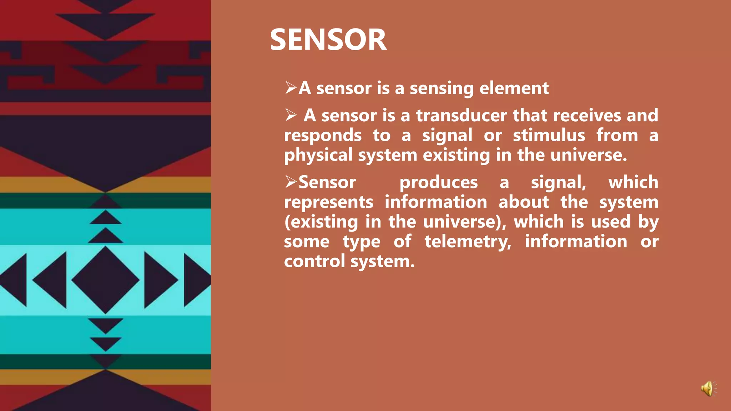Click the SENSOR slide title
coord(328,40)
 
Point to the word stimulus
coord(549,136)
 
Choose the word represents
coord(329,202)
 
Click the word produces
coord(438,183)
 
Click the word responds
coord(323,136)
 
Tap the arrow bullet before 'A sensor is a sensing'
coord(291,87)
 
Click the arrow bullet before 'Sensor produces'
coord(291,182)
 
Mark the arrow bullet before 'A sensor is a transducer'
coord(291,115)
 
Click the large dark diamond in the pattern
coord(105,280)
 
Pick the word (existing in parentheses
coord(321,222)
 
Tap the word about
coord(524,202)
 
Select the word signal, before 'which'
coord(558,183)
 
